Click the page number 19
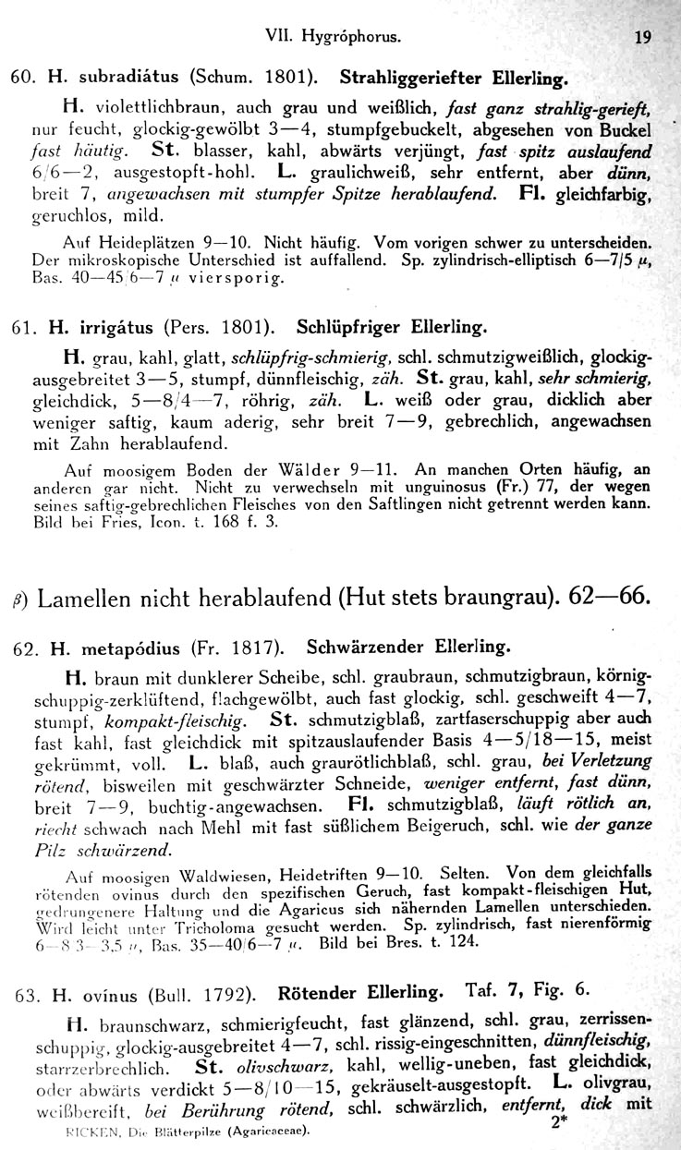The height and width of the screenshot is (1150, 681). point(644,39)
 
